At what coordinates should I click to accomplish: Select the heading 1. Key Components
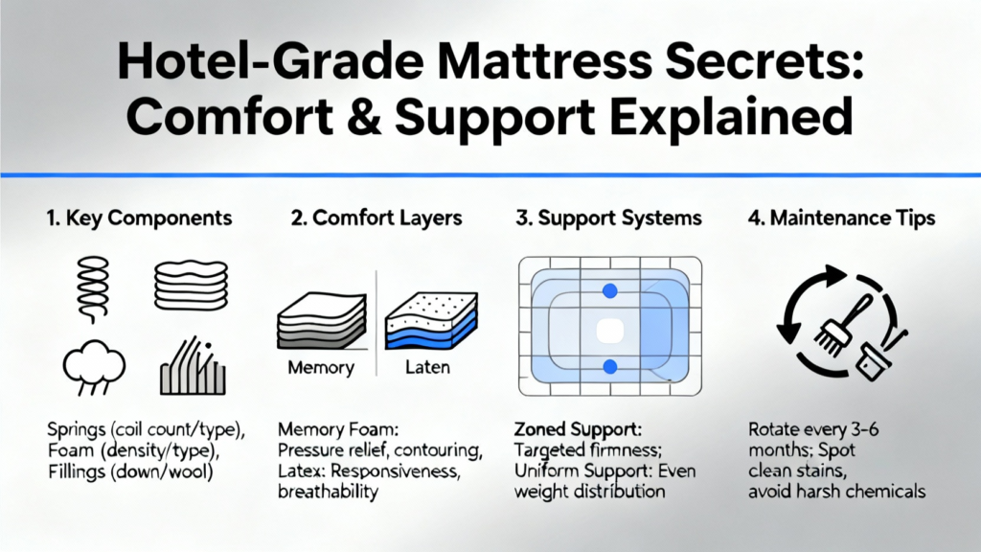click(139, 218)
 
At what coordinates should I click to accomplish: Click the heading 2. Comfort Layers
click(376, 218)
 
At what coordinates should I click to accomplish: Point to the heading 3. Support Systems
click(608, 218)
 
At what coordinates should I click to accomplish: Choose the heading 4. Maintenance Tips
click(841, 218)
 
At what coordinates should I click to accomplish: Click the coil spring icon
click(93, 289)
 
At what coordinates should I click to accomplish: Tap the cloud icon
click(94, 367)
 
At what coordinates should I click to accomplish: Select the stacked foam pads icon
click(191, 286)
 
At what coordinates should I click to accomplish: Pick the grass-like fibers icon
click(193, 367)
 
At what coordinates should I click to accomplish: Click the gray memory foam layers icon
click(322, 320)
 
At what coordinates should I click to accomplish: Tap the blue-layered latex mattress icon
click(431, 320)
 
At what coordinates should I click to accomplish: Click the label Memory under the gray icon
click(321, 367)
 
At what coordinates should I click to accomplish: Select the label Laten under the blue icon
click(427, 367)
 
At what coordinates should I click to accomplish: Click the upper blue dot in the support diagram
click(610, 290)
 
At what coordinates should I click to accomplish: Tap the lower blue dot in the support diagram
click(610, 367)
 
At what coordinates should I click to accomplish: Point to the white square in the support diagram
click(610, 331)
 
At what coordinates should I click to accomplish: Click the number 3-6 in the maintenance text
click(865, 429)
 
